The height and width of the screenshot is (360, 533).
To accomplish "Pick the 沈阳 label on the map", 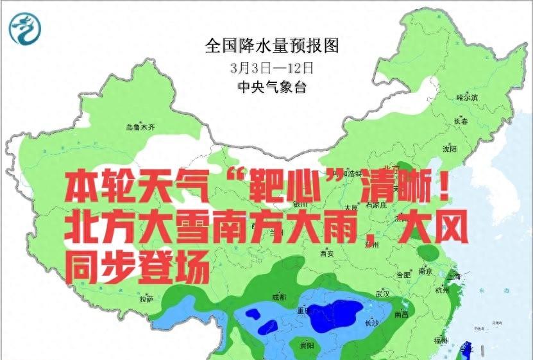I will click(x=450, y=149).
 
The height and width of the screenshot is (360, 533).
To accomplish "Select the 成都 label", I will click(x=279, y=297).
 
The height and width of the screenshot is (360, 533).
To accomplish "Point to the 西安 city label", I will click(x=326, y=253).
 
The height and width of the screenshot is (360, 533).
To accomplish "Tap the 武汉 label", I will click(x=383, y=294).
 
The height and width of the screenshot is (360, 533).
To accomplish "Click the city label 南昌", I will click(x=402, y=314).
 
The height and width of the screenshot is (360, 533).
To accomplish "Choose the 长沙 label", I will click(x=371, y=323).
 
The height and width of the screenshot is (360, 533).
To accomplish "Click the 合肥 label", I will click(x=403, y=275).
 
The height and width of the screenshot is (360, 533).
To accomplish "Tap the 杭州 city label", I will click(x=443, y=290).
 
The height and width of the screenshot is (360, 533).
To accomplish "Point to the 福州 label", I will click(x=441, y=340).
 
